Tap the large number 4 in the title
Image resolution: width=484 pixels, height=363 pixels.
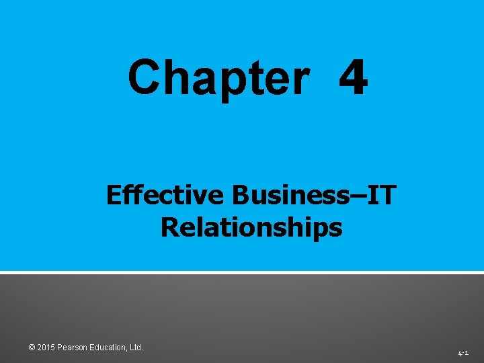pos(353,78)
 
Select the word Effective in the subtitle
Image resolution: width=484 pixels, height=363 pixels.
pos(165,196)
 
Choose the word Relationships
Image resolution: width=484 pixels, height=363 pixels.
pos(251,227)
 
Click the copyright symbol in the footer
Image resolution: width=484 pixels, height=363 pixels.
pos(32,348)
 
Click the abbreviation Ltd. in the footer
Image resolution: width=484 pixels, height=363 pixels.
pos(136,348)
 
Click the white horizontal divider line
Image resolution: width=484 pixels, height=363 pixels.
pos(242,272)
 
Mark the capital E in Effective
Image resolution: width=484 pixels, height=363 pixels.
pos(114,196)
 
